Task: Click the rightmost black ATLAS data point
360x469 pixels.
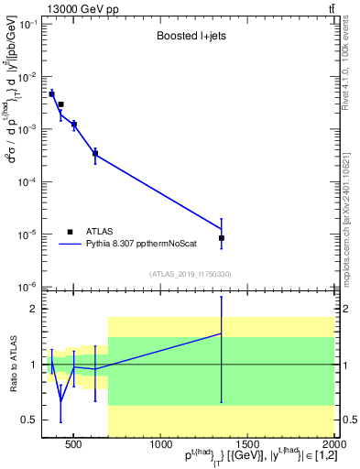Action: pos(222,238)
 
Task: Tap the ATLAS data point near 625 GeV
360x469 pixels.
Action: pos(95,154)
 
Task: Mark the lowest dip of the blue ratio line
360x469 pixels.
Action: pos(60,400)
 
